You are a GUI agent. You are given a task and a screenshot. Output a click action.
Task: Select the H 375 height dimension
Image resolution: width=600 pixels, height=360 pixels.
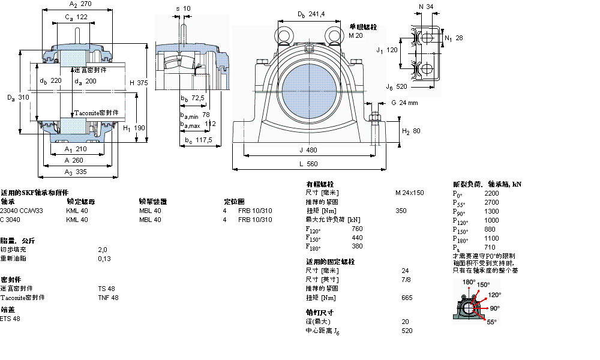(139, 83)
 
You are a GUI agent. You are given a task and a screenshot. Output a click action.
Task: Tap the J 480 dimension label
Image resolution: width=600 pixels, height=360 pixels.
(308, 150)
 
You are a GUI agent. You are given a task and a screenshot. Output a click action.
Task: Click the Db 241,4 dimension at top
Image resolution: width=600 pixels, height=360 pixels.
(311, 14)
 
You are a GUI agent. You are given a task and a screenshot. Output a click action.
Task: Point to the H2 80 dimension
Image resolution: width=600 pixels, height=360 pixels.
(410, 131)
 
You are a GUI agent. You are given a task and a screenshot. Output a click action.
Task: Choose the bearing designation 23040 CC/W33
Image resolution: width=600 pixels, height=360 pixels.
(22, 211)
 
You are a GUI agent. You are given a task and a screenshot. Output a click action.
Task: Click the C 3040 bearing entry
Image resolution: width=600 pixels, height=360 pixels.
(10, 220)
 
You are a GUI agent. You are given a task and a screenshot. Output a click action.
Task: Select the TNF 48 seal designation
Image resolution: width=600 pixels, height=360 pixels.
(108, 298)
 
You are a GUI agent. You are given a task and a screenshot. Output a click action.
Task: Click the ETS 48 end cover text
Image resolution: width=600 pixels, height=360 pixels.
(10, 319)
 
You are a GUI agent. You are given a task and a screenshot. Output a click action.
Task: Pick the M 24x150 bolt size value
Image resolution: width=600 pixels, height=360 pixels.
(409, 193)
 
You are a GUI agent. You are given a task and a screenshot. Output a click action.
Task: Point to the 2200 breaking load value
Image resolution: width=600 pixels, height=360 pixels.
(491, 193)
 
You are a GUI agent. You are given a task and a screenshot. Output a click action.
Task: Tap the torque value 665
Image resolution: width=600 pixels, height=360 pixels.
(407, 298)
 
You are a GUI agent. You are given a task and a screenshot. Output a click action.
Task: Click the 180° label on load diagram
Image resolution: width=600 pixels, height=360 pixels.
(469, 281)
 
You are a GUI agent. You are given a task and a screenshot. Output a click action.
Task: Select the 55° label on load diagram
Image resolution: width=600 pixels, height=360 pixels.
(491, 322)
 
